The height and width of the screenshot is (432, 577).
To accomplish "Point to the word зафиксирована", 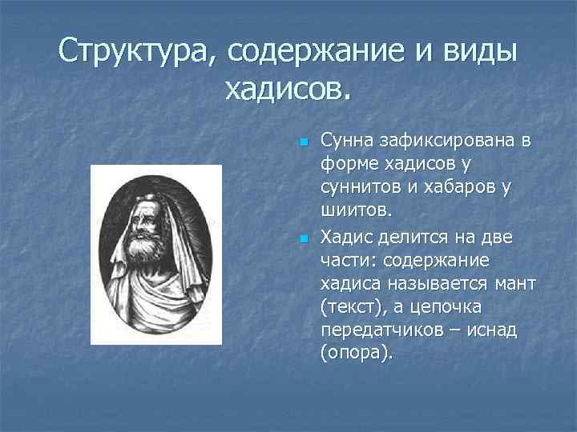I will pyautogui.click(x=440, y=142).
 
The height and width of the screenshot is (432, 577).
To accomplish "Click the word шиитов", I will pyautogui.click(x=355, y=212).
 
